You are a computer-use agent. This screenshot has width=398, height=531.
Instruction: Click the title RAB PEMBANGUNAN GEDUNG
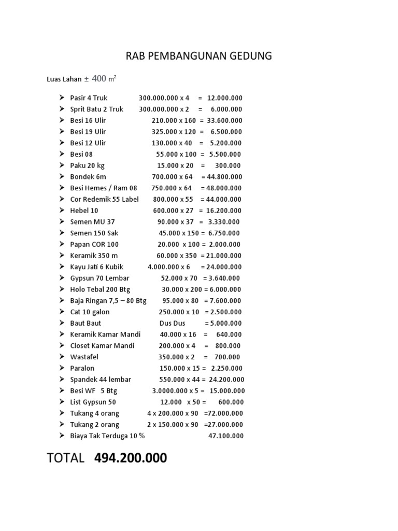click(x=199, y=56)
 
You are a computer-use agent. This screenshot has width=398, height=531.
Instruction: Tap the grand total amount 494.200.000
click(x=131, y=458)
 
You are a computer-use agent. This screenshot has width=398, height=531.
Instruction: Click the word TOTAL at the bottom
click(x=65, y=458)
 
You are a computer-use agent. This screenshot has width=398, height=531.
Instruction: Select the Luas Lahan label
click(x=64, y=79)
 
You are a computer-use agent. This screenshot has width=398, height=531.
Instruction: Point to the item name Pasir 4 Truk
click(x=89, y=98)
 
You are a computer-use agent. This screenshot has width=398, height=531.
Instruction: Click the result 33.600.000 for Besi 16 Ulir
click(x=224, y=120)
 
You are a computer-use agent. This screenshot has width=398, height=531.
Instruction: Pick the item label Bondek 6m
click(x=88, y=177)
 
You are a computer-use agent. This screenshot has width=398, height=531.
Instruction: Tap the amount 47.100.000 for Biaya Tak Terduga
click(x=226, y=436)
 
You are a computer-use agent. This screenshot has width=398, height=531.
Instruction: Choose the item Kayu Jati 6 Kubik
click(x=97, y=267)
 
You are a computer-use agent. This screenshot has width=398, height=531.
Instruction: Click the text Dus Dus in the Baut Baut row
click(x=172, y=323)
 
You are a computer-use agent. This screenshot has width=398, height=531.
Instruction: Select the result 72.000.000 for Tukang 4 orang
click(x=225, y=413)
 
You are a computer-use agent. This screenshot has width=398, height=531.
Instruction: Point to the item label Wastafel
click(x=84, y=357)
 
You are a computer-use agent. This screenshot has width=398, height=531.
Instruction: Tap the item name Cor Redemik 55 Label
click(x=105, y=199)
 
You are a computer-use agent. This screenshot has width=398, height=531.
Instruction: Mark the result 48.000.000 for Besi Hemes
click(x=224, y=188)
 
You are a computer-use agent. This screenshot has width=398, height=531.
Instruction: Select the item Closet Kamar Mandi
click(x=102, y=346)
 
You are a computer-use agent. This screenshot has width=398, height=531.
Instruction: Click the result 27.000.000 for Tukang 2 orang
click(x=225, y=425)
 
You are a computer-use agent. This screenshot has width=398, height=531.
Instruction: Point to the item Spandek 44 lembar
click(x=101, y=380)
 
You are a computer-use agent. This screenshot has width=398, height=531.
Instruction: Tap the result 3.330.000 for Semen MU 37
click(x=224, y=222)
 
